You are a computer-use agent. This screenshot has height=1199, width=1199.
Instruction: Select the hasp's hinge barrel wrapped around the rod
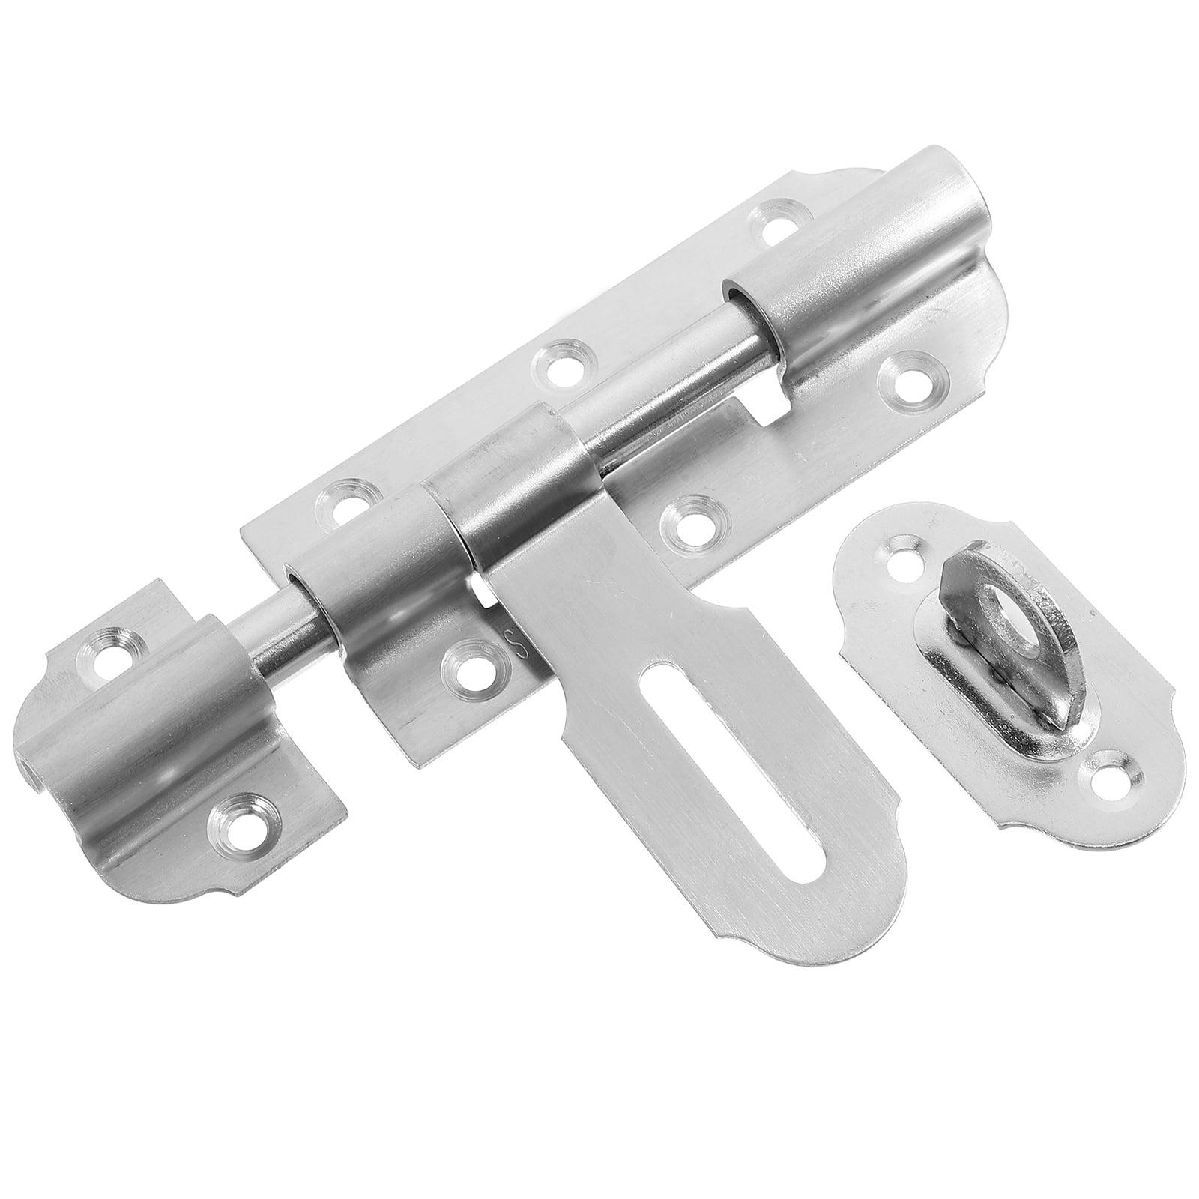click(x=517, y=480)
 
